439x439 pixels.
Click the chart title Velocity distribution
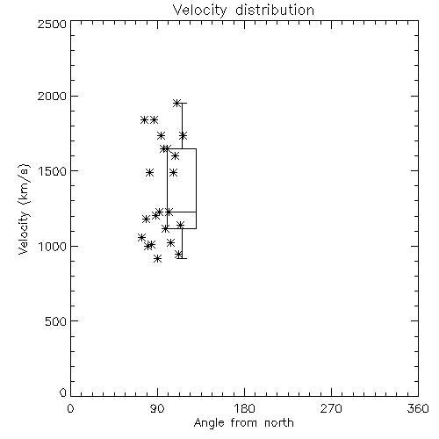click(243, 11)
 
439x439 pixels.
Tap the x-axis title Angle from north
click(243, 423)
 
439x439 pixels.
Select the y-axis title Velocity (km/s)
click(24, 209)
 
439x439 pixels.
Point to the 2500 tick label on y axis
click(52, 24)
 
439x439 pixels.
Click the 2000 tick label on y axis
click(52, 96)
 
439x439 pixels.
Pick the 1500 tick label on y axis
click(52, 171)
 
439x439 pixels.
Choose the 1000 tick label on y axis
click(52, 246)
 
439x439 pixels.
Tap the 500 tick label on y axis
click(56, 321)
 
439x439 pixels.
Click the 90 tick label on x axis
click(157, 408)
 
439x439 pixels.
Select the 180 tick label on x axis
click(244, 408)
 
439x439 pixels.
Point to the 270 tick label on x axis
click(331, 408)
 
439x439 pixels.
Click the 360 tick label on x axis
click(418, 408)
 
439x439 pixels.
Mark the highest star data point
click(176, 103)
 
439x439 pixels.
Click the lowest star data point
click(157, 258)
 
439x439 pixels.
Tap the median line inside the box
click(182, 212)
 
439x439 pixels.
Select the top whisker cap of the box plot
click(182, 103)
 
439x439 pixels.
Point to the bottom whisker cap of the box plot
click(182, 258)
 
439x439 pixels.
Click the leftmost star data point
click(141, 237)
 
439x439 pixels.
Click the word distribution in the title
click(275, 11)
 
